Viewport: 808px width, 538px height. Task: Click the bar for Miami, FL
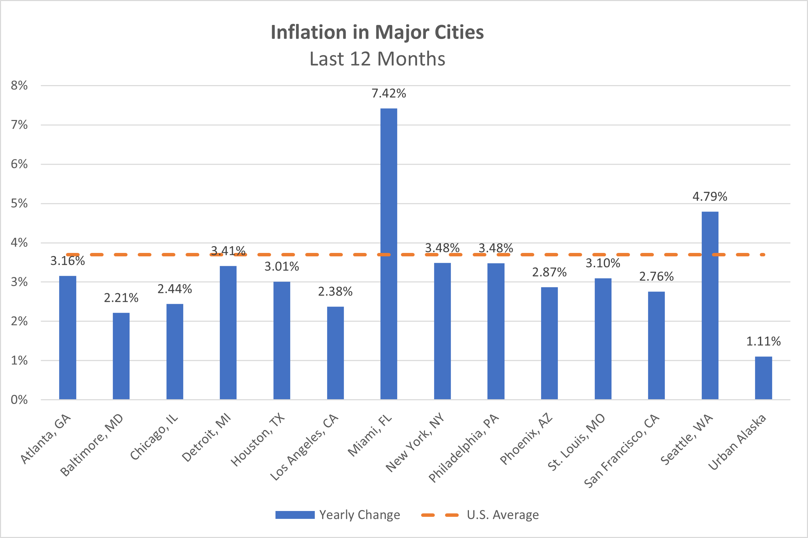click(389, 254)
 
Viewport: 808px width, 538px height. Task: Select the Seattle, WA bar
click(710, 305)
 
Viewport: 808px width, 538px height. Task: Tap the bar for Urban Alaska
click(764, 378)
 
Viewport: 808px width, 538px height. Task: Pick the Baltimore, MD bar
click(121, 356)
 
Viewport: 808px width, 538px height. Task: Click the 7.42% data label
click(389, 93)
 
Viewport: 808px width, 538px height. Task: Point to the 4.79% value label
click(710, 197)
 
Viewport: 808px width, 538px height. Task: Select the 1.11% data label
click(764, 341)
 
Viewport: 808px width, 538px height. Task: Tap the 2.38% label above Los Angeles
click(335, 292)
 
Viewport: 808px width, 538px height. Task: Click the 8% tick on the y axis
click(19, 85)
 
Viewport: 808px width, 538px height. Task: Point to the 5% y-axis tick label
click(19, 203)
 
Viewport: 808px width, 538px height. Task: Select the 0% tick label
click(19, 400)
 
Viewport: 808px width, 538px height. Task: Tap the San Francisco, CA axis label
click(621, 451)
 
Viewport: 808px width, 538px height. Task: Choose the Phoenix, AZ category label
click(526, 439)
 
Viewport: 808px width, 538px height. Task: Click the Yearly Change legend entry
click(338, 515)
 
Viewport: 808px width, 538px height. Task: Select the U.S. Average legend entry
click(480, 515)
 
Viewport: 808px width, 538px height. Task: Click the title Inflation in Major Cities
click(377, 32)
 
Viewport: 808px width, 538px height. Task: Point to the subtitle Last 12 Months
click(377, 59)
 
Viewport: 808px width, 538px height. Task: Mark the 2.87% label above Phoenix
click(549, 272)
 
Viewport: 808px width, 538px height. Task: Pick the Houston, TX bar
click(282, 341)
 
